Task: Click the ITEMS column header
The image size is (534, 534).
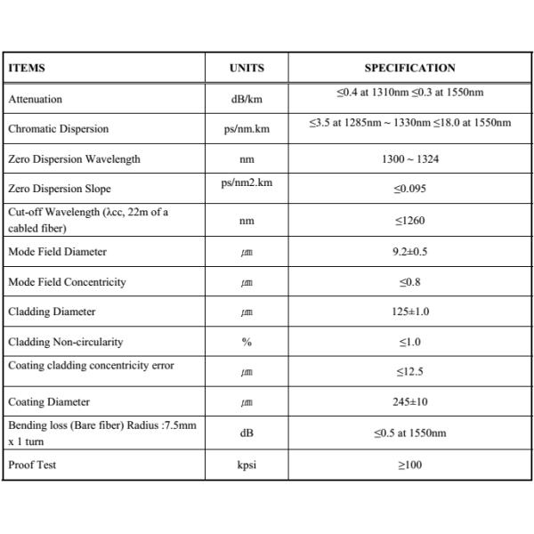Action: tap(27, 68)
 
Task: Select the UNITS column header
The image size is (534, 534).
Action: tap(247, 68)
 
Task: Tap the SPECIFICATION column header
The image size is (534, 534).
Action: tap(409, 68)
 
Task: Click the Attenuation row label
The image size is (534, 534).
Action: tap(36, 100)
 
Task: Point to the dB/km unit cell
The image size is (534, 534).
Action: tap(247, 100)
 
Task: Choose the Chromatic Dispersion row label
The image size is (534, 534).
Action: tap(58, 129)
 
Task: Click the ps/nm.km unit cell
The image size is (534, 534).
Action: tap(247, 130)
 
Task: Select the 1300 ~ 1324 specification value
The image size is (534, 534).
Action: tap(409, 159)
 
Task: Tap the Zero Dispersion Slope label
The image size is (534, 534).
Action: tap(60, 189)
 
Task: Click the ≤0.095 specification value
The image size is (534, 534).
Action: tap(409, 189)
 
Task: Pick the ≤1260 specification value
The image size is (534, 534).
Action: tap(409, 221)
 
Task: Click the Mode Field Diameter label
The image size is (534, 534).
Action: tap(57, 252)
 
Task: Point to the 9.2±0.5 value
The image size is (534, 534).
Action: tap(409, 252)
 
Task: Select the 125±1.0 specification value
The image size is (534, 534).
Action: tap(409, 312)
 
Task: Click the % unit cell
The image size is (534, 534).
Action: tap(247, 343)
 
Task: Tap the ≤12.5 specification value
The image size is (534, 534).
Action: tap(409, 372)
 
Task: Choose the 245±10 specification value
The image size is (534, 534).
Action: tap(409, 402)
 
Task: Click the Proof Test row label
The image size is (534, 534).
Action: tap(32, 465)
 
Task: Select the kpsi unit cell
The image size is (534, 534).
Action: tap(247, 465)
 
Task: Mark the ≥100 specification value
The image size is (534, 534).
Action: tap(409, 465)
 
